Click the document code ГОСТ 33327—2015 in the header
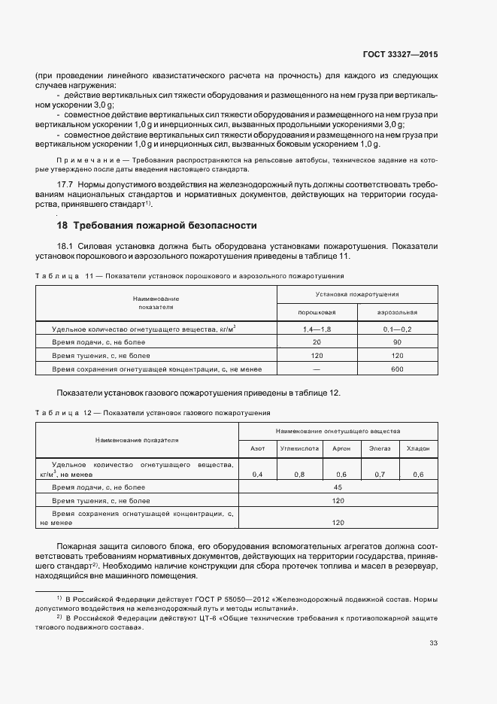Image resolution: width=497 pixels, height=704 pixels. [x=402, y=54]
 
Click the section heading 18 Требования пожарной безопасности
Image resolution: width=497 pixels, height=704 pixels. [x=157, y=225]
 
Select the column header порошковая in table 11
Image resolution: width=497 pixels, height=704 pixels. [x=317, y=311]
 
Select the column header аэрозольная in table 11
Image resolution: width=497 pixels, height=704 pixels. [x=397, y=311]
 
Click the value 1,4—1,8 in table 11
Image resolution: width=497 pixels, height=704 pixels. [x=317, y=329]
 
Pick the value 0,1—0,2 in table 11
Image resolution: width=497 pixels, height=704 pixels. [x=397, y=329]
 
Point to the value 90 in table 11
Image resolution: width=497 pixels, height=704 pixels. [x=397, y=342]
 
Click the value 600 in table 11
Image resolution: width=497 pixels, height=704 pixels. [x=397, y=369]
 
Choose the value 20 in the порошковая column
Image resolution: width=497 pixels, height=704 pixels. [x=317, y=342]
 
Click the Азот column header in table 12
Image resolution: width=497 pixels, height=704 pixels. [x=257, y=448]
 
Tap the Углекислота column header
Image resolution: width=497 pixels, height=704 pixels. [x=299, y=448]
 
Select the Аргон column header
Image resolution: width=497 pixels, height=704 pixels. [x=341, y=448]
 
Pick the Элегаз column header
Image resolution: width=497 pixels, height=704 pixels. [x=380, y=448]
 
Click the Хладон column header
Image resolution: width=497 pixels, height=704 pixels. [x=418, y=448]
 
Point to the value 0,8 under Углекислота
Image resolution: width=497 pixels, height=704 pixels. [x=299, y=475]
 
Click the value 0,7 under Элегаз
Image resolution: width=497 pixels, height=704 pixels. [x=380, y=475]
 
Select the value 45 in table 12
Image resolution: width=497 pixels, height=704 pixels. [x=338, y=487]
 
